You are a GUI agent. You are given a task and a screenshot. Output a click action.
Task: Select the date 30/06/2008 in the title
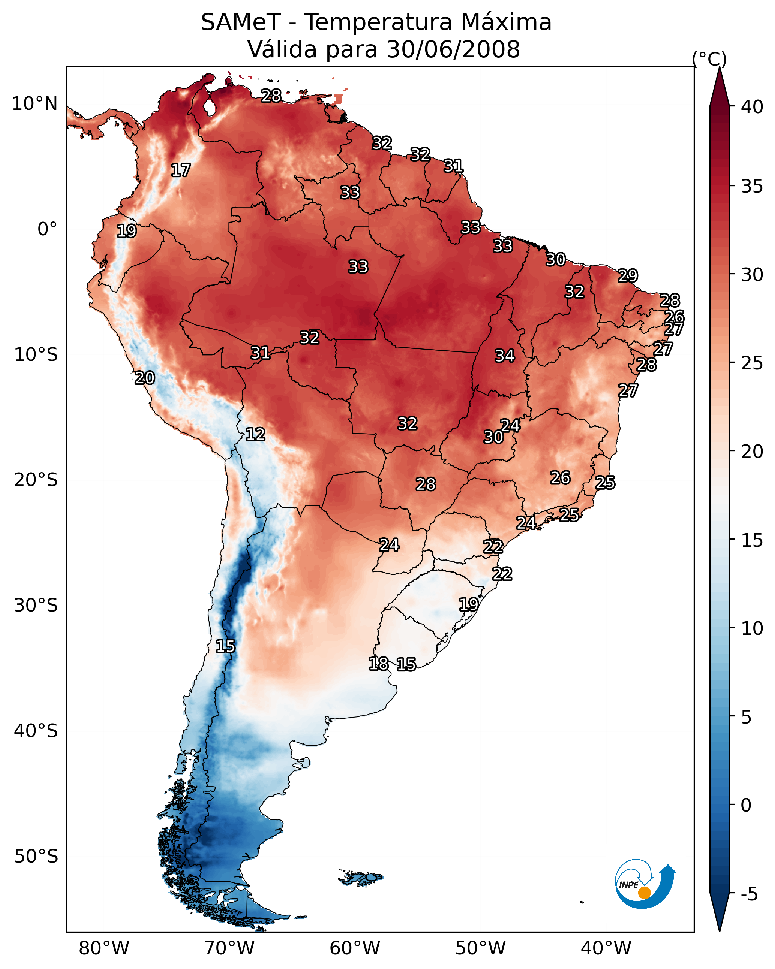[x=453, y=49]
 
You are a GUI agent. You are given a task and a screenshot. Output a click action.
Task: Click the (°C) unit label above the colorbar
[x=709, y=59]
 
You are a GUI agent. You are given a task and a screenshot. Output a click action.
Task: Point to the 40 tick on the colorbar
[x=752, y=107]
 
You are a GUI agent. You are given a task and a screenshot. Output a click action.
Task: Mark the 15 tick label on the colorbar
[x=752, y=540]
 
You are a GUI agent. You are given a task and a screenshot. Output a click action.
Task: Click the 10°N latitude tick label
[x=34, y=104]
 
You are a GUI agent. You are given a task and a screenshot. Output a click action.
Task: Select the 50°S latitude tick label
[x=36, y=856]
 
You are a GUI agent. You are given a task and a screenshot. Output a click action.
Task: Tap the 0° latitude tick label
[x=47, y=229]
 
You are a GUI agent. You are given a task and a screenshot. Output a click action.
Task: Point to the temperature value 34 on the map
[x=505, y=356]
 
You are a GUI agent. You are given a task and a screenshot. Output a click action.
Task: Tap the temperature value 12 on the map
[x=255, y=434]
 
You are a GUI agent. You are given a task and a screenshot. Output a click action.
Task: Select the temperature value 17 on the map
[x=181, y=170]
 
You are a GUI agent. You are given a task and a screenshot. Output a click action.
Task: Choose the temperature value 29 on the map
[x=628, y=275]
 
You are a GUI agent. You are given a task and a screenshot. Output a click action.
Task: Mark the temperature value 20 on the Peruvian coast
[x=145, y=378]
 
